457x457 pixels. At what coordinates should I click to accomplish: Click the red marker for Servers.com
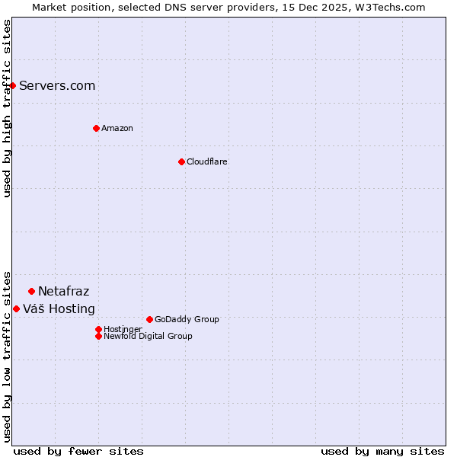coord(13,85)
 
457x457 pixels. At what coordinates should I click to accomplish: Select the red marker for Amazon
coord(96,128)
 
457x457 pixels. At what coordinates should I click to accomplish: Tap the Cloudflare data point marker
coord(181,161)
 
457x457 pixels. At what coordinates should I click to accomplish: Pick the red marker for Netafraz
coord(31,291)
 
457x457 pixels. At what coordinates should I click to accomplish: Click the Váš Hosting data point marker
coord(16,308)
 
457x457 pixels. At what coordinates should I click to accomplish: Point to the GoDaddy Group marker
coord(149,319)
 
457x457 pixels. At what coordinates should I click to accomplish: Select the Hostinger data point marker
coord(98,329)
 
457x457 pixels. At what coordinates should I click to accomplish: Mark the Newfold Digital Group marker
coord(98,336)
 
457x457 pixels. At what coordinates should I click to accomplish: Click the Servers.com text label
coord(57,85)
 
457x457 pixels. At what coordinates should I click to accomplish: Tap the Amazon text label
coord(117,128)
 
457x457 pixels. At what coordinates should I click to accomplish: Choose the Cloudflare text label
coord(206,161)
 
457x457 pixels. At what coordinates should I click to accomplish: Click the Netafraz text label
coord(63,291)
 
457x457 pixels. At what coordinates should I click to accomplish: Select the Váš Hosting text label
coord(59,308)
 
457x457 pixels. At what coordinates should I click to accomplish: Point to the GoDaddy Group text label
coord(187,319)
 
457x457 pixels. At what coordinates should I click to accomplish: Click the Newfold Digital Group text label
coord(148,336)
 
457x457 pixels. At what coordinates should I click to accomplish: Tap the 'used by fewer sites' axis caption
coord(78,451)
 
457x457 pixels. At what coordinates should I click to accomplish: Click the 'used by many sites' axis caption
coord(382,451)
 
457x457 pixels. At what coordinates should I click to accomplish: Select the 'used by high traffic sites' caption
coord(7,108)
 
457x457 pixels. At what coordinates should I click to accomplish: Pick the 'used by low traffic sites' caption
coord(7,356)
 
